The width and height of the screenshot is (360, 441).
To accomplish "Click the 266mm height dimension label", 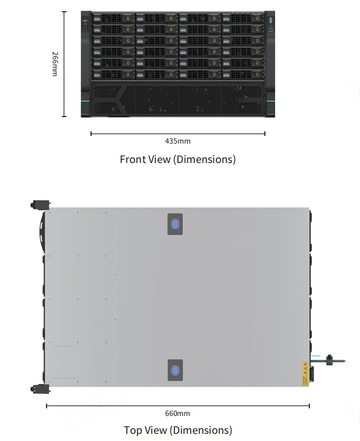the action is pyautogui.click(x=55, y=64).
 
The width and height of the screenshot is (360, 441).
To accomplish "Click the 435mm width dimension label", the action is pyautogui.click(x=177, y=141).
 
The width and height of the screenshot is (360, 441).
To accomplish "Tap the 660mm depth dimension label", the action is pyautogui.click(x=177, y=413).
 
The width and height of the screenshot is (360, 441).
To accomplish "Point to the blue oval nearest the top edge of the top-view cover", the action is pyautogui.click(x=175, y=224).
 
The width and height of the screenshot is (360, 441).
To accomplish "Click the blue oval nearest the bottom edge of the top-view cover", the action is pyautogui.click(x=175, y=370).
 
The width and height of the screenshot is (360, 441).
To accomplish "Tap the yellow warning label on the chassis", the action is pyautogui.click(x=305, y=373).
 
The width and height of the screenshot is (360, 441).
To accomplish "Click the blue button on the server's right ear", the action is pyautogui.click(x=271, y=20).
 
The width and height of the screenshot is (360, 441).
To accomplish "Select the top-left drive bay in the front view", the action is pyautogui.click(x=114, y=18).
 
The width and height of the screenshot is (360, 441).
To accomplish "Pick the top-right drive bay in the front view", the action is pyautogui.click(x=243, y=18).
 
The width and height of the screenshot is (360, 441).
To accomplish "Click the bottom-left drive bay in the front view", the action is pyautogui.click(x=114, y=75).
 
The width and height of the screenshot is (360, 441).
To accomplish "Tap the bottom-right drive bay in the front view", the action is pyautogui.click(x=243, y=75).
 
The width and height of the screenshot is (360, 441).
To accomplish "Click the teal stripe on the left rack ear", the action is pyautogui.click(x=85, y=102).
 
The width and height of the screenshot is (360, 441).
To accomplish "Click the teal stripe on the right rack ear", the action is pyautogui.click(x=271, y=102).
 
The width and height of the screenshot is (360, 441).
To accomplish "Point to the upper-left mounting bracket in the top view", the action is pyautogui.click(x=40, y=205).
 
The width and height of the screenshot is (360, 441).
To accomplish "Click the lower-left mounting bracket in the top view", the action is pyautogui.click(x=40, y=389).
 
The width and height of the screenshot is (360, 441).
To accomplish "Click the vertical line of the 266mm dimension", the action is pyautogui.click(x=64, y=64).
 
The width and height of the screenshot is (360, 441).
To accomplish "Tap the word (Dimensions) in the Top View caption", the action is pyautogui.click(x=202, y=430).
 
